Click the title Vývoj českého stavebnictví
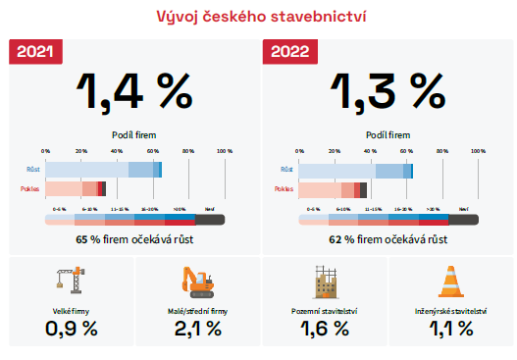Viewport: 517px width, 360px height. tap(258, 17)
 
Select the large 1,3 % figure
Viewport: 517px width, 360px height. tap(388, 91)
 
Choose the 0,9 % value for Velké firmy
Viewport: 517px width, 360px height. tap(72, 330)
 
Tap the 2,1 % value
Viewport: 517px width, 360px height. tap(197, 330)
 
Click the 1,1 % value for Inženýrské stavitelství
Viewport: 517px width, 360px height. tap(450, 330)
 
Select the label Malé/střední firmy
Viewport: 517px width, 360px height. tap(197, 311)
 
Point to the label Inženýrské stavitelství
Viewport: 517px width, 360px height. tap(450, 311)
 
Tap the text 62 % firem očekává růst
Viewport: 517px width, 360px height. tap(388, 238)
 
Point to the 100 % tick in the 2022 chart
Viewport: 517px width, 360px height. tap(479, 150)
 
